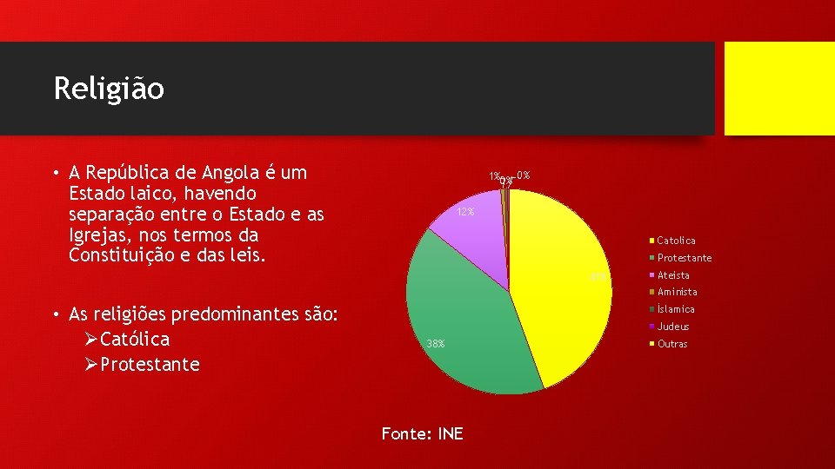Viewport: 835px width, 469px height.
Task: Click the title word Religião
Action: (109, 89)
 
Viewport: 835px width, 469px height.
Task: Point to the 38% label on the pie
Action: (435, 344)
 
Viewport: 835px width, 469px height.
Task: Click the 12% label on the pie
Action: (465, 213)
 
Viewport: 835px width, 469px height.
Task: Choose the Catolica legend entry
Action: (676, 241)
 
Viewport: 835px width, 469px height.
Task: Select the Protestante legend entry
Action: (684, 258)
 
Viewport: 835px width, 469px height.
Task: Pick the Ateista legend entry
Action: (673, 275)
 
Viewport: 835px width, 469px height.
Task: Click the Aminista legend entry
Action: (677, 292)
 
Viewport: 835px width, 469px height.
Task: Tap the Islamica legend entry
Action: (676, 309)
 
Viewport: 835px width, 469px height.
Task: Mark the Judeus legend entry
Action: (673, 327)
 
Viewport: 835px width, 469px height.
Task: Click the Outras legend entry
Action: (671, 344)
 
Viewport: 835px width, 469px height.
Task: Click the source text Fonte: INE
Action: (423, 433)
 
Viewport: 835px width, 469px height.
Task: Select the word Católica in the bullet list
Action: (135, 339)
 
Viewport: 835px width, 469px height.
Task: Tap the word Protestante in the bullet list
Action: (150, 364)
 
